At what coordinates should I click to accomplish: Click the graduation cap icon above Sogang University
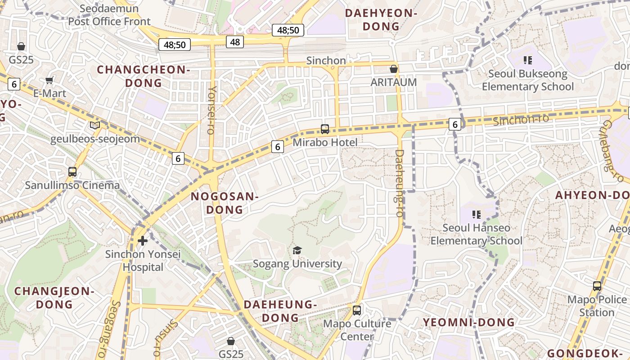(x=297, y=250)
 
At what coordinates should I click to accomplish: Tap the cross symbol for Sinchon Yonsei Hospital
(x=143, y=241)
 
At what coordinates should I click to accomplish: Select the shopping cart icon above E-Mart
(x=49, y=81)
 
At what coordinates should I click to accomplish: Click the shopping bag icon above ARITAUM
(x=393, y=69)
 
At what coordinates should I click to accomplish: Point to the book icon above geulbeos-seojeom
(x=94, y=125)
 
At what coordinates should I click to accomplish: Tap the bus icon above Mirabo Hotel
(x=325, y=129)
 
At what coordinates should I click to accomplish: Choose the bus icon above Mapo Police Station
(x=597, y=286)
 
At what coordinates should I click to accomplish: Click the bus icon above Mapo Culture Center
(x=357, y=310)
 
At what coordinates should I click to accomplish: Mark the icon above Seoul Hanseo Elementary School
(x=477, y=214)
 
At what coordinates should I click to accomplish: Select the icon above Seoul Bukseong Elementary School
(x=527, y=60)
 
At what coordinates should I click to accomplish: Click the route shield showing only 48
(x=235, y=42)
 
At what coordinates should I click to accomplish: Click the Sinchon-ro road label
(x=521, y=120)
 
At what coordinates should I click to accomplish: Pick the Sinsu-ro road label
(x=166, y=337)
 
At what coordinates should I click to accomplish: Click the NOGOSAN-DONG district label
(x=224, y=203)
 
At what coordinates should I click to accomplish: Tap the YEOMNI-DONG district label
(x=469, y=322)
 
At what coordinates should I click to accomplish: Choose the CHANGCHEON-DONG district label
(x=144, y=76)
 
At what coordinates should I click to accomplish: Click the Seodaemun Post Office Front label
(x=109, y=15)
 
